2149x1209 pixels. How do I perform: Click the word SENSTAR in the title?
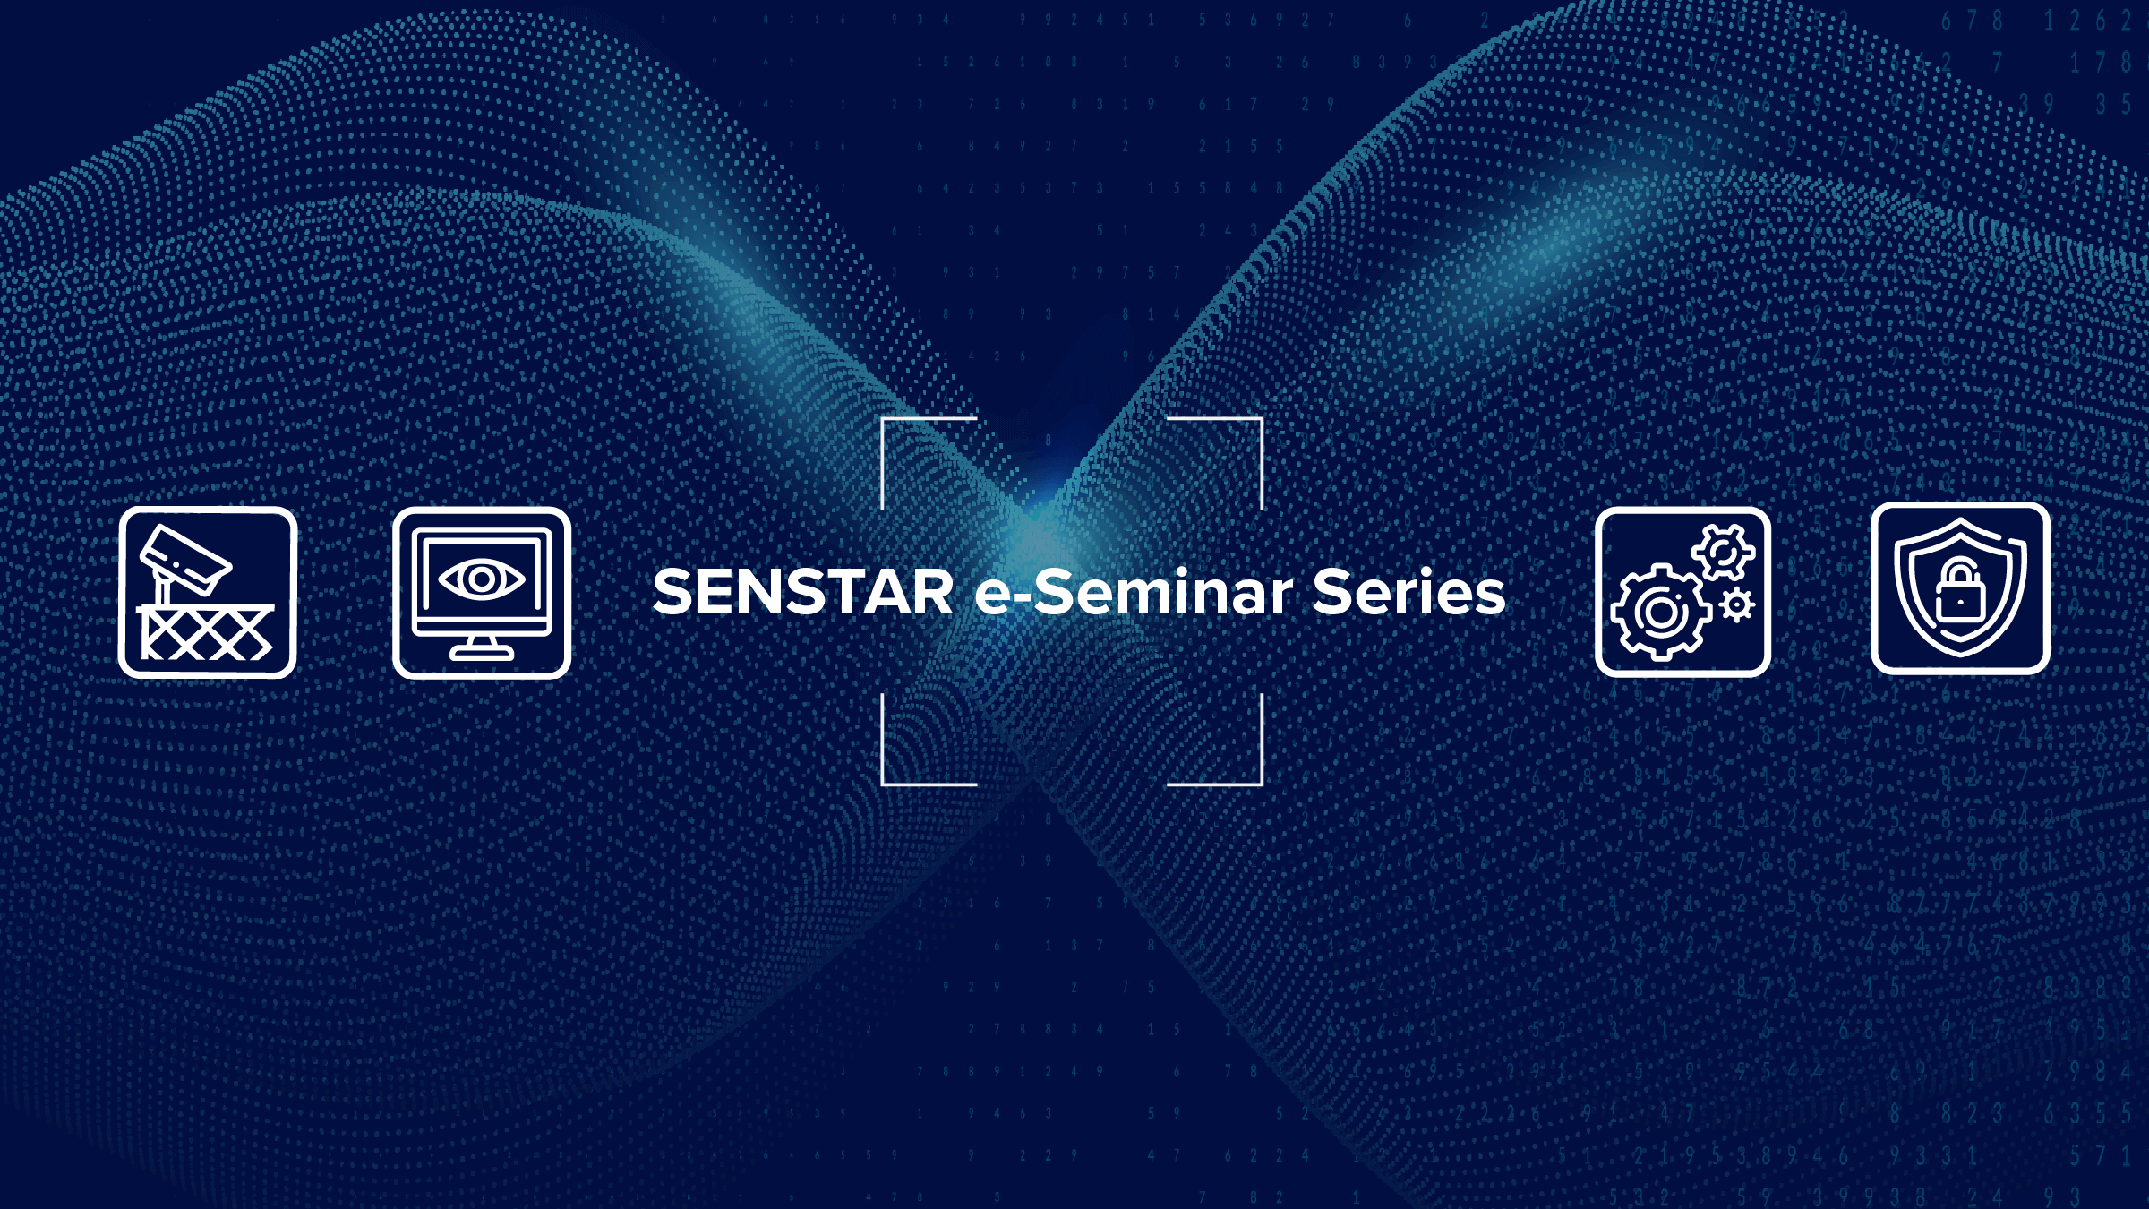pos(803,593)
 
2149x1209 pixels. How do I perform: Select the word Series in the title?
pos(1408,593)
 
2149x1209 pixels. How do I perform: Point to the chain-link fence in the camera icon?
pos(207,633)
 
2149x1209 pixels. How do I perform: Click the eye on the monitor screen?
pos(482,579)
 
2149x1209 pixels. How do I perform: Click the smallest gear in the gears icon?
pos(1737,606)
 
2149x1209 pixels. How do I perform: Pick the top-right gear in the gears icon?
pos(1723,552)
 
